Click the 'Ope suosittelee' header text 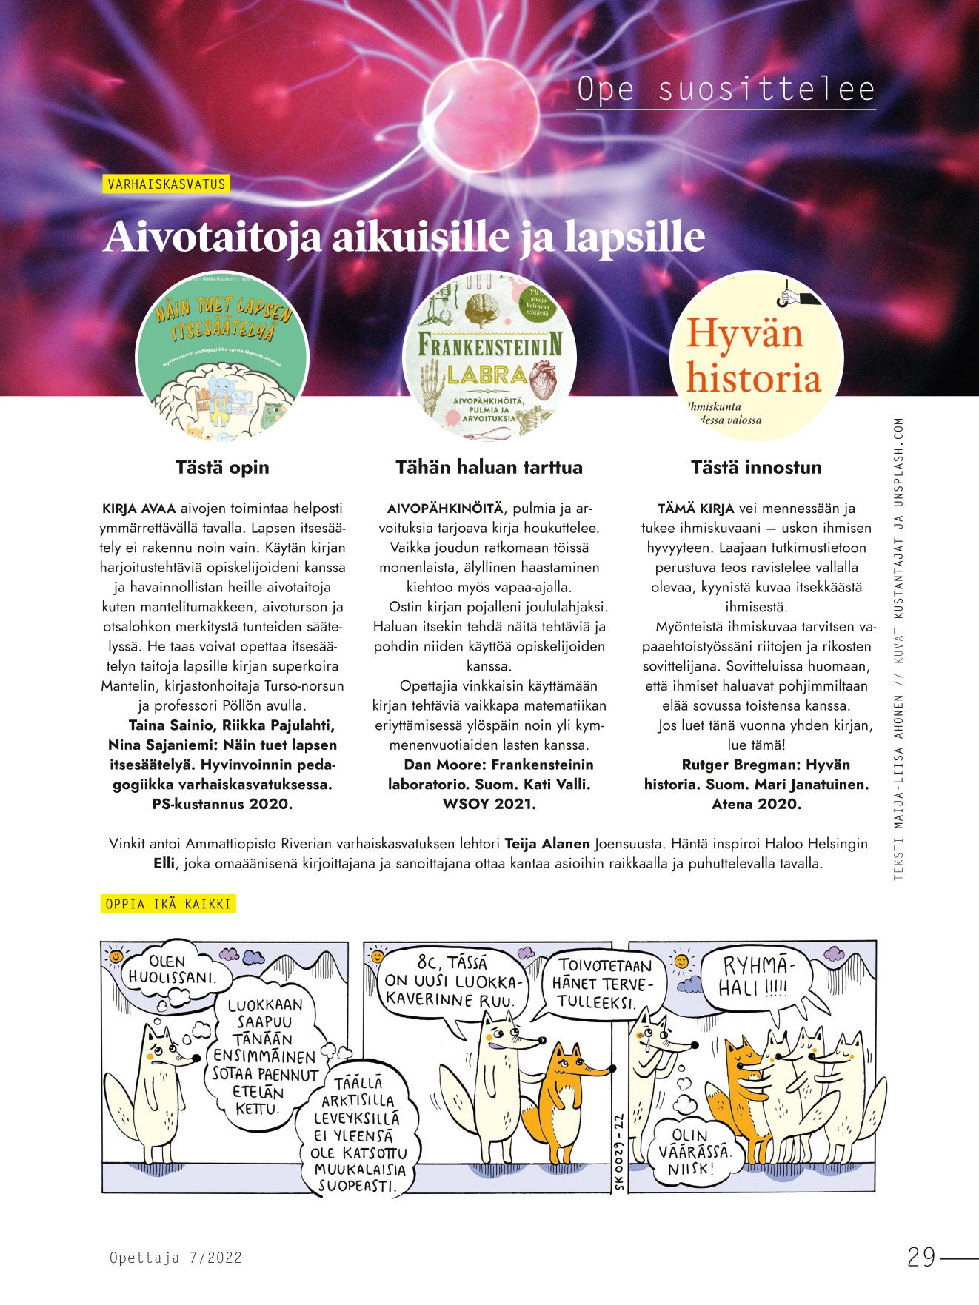pyautogui.click(x=726, y=90)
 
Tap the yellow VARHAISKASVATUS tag pyautogui.click(x=166, y=184)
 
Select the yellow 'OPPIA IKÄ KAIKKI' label pyautogui.click(x=168, y=904)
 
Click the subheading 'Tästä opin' pyautogui.click(x=222, y=467)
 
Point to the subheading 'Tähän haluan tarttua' pyautogui.click(x=489, y=467)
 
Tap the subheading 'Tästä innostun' pyautogui.click(x=756, y=467)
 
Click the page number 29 pyautogui.click(x=921, y=1257)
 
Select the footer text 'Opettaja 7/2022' pyautogui.click(x=176, y=1257)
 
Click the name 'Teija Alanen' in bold pyautogui.click(x=547, y=843)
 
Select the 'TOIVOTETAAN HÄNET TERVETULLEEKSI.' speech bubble pyautogui.click(x=603, y=983)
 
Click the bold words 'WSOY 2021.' pyautogui.click(x=489, y=804)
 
